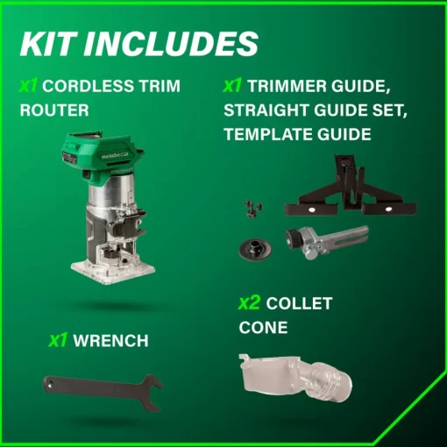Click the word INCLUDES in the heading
click(x=172, y=44)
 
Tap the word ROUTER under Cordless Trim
click(x=54, y=110)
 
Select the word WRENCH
click(x=110, y=341)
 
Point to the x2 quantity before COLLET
click(x=249, y=303)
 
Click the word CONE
click(x=263, y=328)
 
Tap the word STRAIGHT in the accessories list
click(x=266, y=110)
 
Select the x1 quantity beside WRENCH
click(x=58, y=340)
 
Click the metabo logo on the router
click(x=112, y=156)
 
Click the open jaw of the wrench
click(x=152, y=393)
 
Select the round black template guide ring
click(x=255, y=249)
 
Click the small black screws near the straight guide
click(x=253, y=209)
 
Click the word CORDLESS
click(x=89, y=86)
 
